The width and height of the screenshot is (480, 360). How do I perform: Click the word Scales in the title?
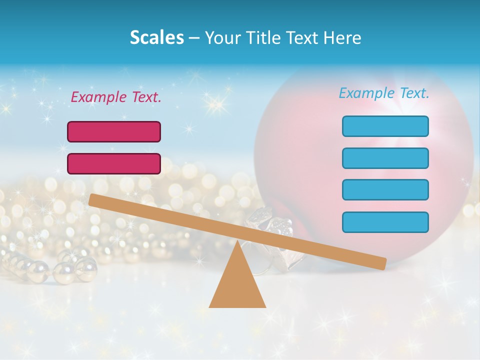pos(156,37)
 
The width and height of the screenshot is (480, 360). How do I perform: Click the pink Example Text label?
pos(116,97)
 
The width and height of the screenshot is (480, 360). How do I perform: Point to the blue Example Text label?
pos(384,93)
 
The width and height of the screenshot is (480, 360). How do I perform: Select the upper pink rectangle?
pos(114,131)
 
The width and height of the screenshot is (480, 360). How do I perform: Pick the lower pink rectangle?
pos(114,163)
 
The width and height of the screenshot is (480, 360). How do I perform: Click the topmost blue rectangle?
pos(385,126)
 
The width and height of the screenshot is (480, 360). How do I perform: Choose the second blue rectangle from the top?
pos(385,158)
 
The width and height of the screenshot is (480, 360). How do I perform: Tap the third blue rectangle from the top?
pos(385,189)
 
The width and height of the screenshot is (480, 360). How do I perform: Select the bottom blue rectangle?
pos(385,222)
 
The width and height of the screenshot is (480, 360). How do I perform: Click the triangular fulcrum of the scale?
pos(237,285)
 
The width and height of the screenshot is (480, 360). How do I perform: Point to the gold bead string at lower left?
pos(50,267)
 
